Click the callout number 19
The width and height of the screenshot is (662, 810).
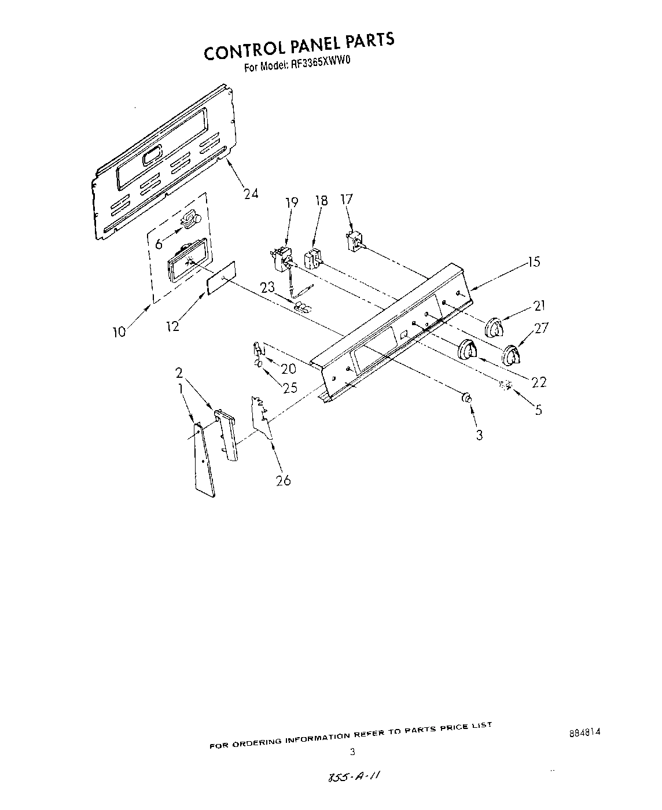292,202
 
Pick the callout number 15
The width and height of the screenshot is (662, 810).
534,262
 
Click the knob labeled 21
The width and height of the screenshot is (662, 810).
493,327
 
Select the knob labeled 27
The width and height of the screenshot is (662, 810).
511,355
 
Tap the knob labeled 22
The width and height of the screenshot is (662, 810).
468,351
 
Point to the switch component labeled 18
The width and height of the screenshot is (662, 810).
313,258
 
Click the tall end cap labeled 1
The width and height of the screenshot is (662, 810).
203,459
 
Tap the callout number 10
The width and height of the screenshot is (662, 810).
119,332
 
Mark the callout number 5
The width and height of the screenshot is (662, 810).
538,410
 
